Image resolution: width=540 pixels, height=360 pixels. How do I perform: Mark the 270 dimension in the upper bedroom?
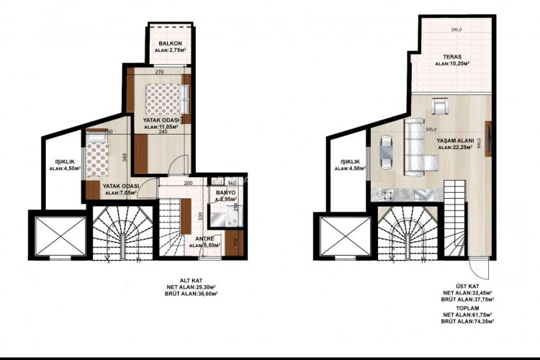pyautogui.click(x=159, y=72)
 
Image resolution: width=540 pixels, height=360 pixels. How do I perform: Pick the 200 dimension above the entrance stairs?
pyautogui.click(x=188, y=184)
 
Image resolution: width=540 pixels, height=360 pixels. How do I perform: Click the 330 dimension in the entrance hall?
pyautogui.click(x=200, y=215)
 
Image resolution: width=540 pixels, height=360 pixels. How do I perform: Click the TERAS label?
pyautogui.click(x=453, y=56)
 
